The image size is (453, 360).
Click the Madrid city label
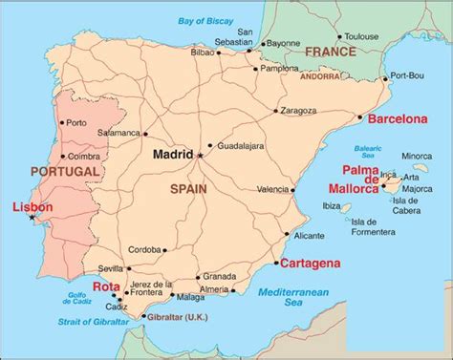tap(172, 154)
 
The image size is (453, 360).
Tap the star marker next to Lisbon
tap(32, 219)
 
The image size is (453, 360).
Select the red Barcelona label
tap(392, 119)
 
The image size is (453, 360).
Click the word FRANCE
tap(331, 52)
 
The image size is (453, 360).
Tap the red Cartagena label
tap(309, 262)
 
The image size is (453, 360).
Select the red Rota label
tap(107, 285)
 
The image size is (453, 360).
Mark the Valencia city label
tap(272, 189)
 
